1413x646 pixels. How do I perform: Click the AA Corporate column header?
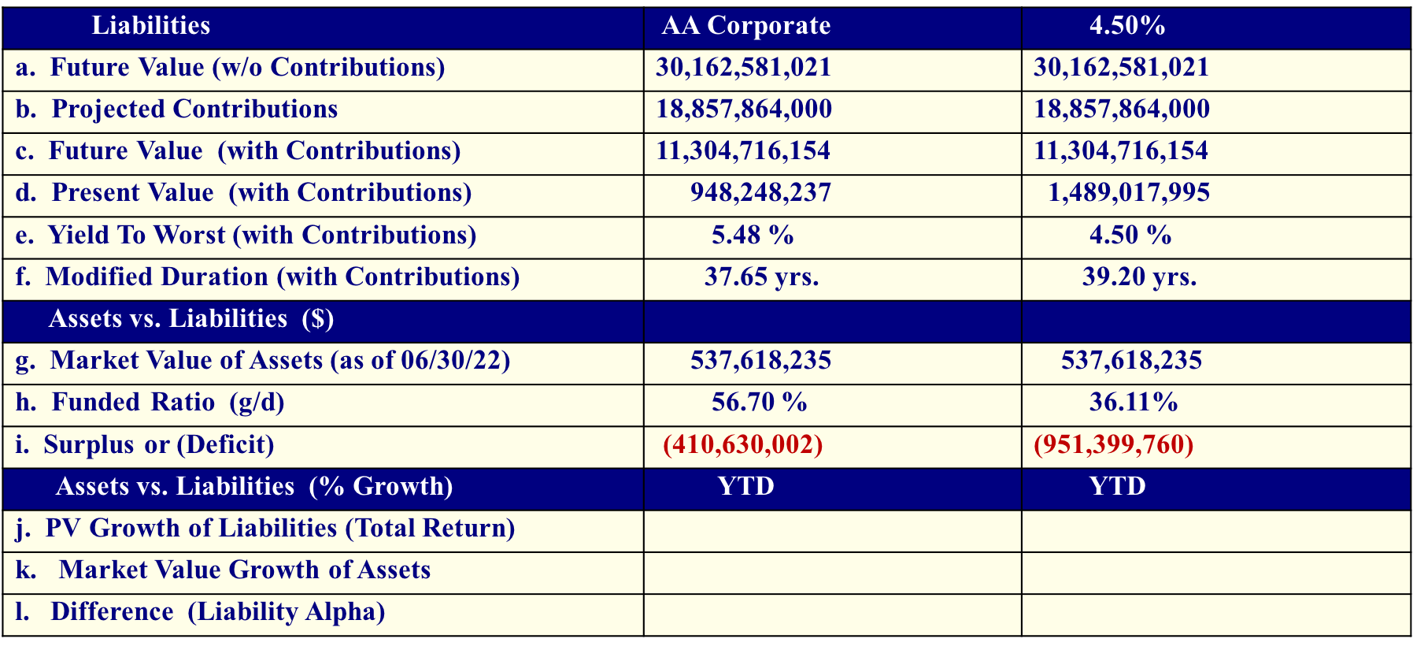tap(745, 26)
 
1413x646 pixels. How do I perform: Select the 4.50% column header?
tap(1126, 26)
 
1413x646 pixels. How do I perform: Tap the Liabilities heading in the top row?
tap(150, 26)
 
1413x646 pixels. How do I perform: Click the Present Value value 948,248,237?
tap(760, 193)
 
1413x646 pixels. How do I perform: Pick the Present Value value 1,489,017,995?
tap(1129, 193)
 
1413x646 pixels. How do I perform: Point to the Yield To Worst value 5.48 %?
tap(753, 235)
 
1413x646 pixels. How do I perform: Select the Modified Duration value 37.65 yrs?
tap(761, 277)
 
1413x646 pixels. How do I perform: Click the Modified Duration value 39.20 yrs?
tap(1139, 277)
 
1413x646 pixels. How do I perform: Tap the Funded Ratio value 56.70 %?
tap(759, 403)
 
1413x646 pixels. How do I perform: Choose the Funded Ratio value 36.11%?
tap(1133, 403)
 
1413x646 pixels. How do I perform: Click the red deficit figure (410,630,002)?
tap(742, 445)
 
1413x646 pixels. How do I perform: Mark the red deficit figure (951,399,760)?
tap(1113, 445)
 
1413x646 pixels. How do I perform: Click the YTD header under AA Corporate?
tap(745, 486)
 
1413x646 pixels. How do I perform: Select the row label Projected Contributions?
tap(194, 110)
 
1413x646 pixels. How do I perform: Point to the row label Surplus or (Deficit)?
tap(158, 445)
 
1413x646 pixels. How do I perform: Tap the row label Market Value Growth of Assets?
tap(244, 570)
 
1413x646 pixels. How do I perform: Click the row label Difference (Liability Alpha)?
tap(217, 612)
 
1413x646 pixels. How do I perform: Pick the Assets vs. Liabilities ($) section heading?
tap(190, 319)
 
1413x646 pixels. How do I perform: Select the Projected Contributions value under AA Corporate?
tap(744, 110)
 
